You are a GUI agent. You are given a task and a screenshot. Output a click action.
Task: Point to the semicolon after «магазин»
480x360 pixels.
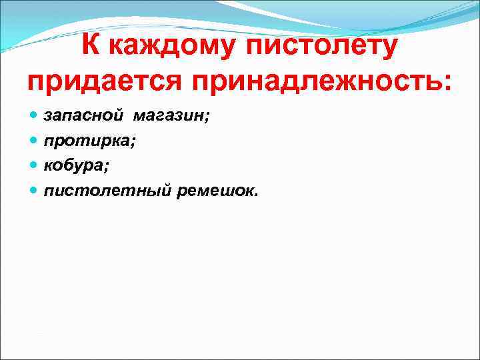tap(207, 118)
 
